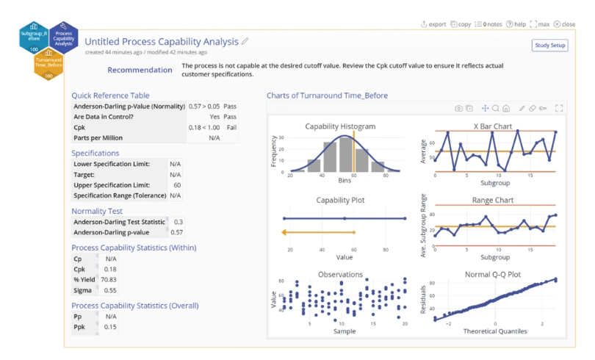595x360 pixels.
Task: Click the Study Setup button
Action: (549, 46)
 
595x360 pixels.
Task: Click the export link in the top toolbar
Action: (433, 24)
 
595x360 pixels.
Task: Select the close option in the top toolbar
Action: (564, 24)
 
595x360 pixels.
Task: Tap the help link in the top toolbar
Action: (516, 24)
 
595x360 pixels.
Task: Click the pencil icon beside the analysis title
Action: (245, 41)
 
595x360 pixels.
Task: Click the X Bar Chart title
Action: (493, 126)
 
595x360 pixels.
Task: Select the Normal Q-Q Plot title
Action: (493, 275)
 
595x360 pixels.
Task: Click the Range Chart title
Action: (493, 200)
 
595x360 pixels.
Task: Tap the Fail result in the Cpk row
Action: (231, 127)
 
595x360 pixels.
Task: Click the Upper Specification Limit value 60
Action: (176, 185)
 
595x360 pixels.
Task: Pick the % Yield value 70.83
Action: (109, 280)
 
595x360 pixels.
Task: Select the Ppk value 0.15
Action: (110, 327)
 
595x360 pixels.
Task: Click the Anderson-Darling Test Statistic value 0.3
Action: (178, 222)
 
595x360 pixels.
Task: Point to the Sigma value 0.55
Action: (110, 290)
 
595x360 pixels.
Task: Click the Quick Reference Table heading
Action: (110, 96)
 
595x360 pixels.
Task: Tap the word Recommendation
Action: (140, 71)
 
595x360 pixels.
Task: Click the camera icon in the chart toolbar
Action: (459, 109)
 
